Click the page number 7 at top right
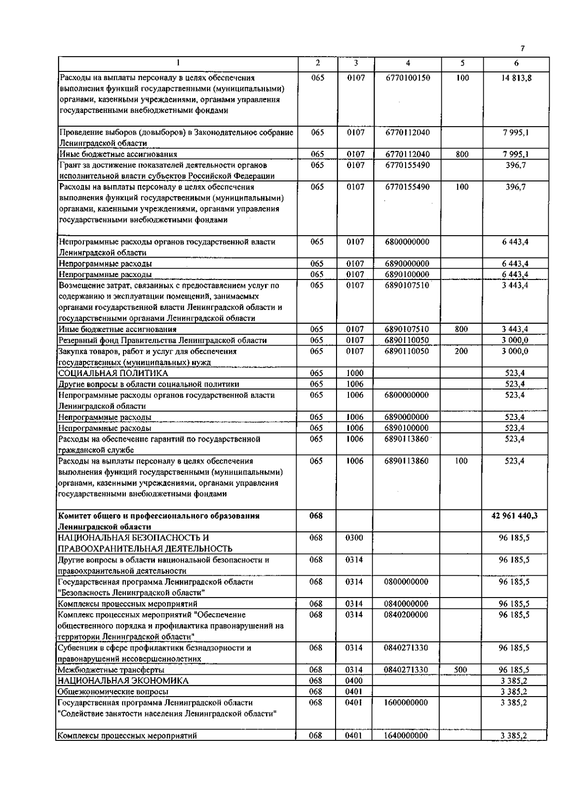(522, 49)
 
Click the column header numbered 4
(408, 63)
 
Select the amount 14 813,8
(516, 78)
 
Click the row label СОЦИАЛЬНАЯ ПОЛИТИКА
(113, 373)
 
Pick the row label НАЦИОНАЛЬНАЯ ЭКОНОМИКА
(123, 681)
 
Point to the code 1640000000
(406, 736)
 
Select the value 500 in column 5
(460, 670)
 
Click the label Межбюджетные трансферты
(111, 670)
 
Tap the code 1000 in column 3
(355, 373)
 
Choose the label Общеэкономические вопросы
(113, 692)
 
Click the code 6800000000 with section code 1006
(407, 395)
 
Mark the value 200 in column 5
(461, 351)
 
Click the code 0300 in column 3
(354, 538)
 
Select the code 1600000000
(406, 703)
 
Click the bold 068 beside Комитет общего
(316, 516)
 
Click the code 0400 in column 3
(354, 681)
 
